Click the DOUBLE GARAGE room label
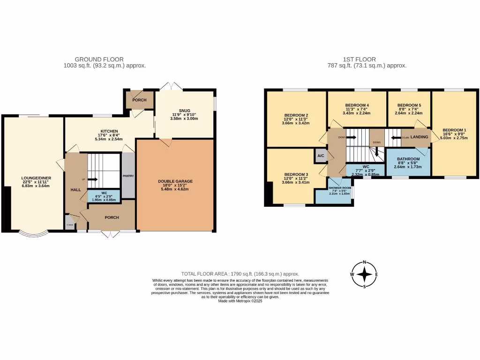pos(175,181)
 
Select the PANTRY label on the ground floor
pos(128,176)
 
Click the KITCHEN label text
pos(109,131)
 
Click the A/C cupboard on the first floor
pos(321,156)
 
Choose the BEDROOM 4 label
pos(357,105)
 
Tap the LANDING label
pos(419,137)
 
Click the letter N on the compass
pos(364,262)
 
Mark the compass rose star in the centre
pos(364,275)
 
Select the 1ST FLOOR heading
pos(367,60)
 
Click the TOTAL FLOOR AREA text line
pos(240,274)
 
